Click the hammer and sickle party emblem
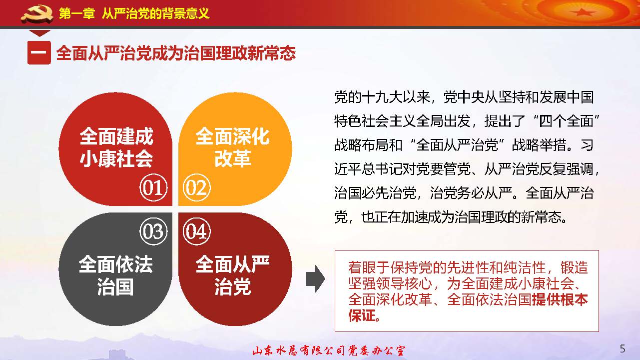[36, 14]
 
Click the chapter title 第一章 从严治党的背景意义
[134, 13]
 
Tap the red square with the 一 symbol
[39, 52]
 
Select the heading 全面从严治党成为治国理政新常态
[176, 53]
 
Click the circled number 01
[153, 188]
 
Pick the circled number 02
[197, 188]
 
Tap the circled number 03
[153, 231]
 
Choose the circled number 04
[197, 231]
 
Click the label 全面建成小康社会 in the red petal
[116, 148]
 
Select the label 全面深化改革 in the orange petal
[232, 148]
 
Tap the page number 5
[622, 348]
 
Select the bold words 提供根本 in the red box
[560, 300]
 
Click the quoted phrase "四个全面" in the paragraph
[550, 121]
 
